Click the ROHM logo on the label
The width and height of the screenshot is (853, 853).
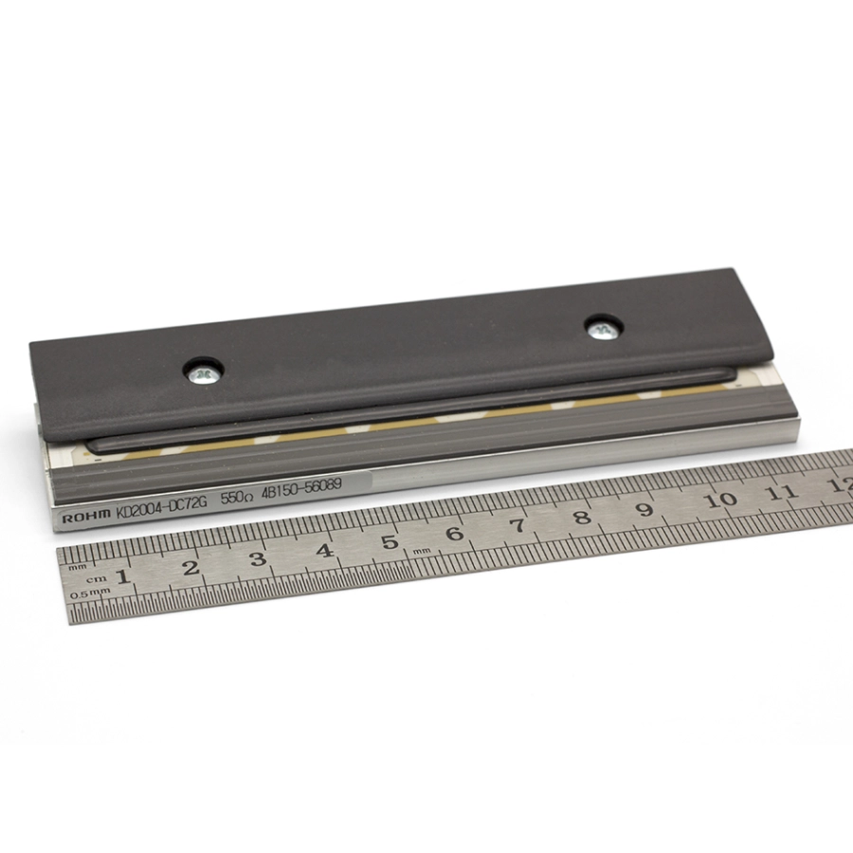[86, 517]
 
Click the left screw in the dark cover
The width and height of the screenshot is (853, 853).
[204, 372]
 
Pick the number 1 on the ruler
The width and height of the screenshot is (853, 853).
[124, 575]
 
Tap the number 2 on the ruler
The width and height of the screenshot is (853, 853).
[191, 568]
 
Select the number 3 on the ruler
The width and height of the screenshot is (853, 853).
[258, 559]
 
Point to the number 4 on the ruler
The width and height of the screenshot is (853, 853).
[324, 551]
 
